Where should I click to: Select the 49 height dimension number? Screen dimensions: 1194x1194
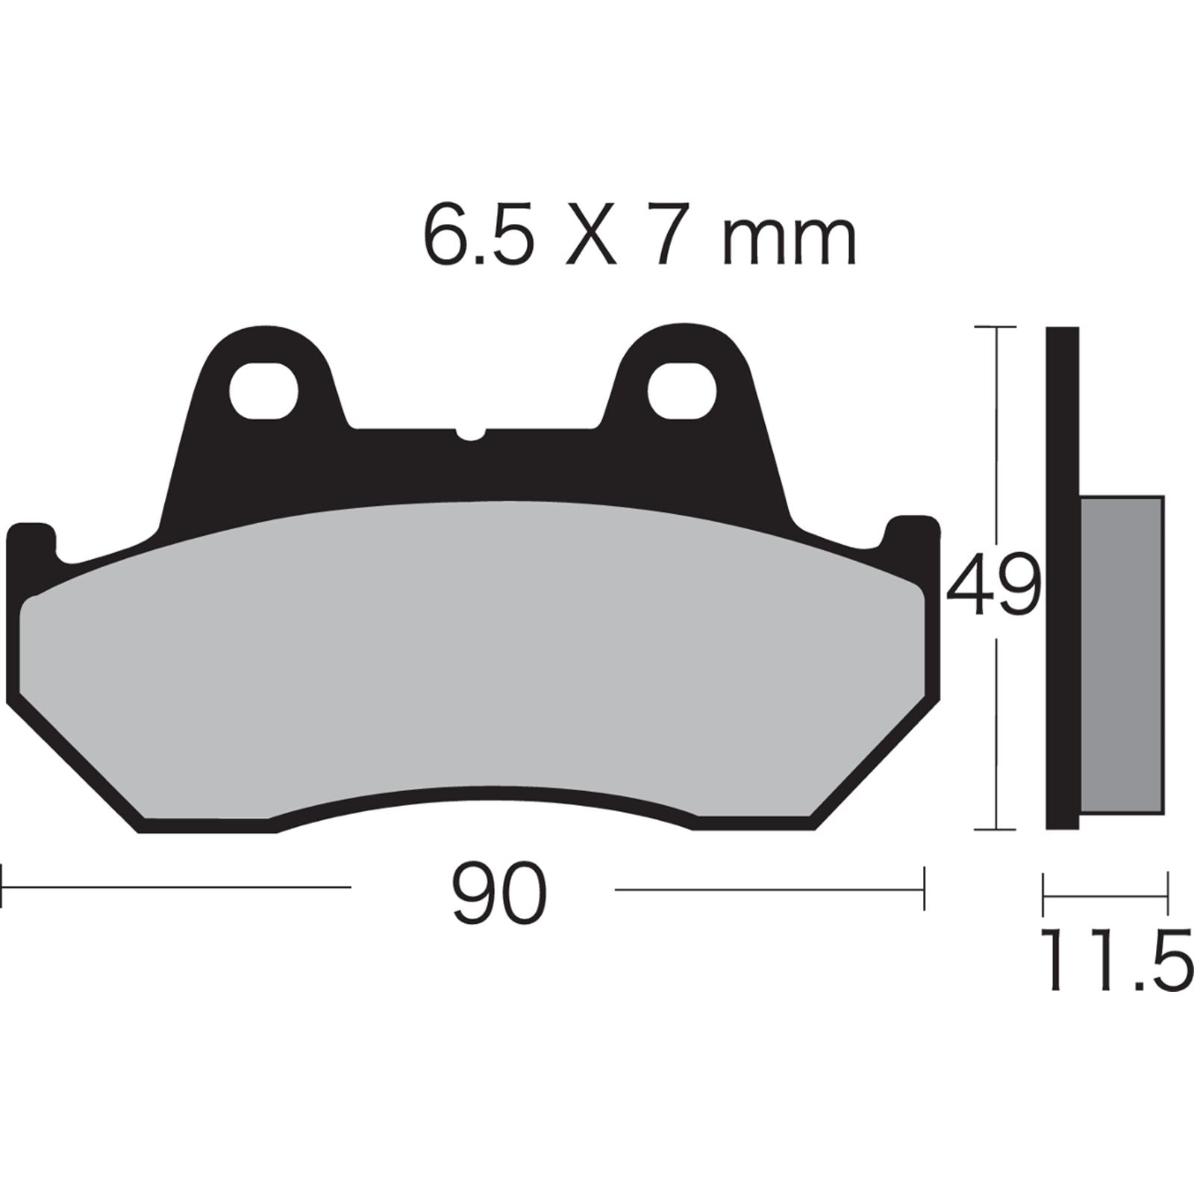[993, 585]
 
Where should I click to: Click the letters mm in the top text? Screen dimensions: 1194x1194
[790, 237]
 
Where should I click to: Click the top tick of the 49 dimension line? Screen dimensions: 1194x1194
[996, 327]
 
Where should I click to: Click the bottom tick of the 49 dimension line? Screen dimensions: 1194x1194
[996, 829]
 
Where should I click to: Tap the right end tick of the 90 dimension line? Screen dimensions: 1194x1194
[925, 888]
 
